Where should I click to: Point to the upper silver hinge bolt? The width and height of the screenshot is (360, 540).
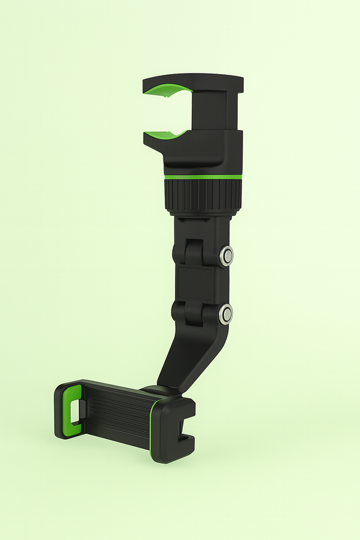coord(227,255)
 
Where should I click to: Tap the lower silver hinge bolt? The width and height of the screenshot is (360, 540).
coord(226,313)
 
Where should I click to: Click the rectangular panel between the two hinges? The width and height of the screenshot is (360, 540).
coord(197,283)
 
